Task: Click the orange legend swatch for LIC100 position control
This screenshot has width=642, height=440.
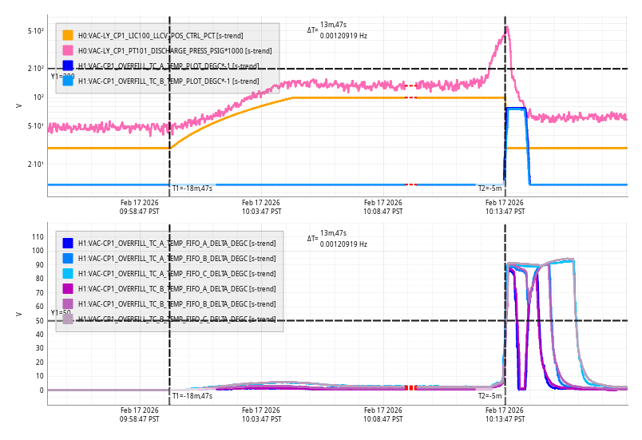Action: pyautogui.click(x=68, y=35)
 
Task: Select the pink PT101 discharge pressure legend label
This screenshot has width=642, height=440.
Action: pyautogui.click(x=174, y=50)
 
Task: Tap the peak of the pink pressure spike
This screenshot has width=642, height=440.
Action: pyautogui.click(x=506, y=28)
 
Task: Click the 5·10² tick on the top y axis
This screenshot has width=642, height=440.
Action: pyautogui.click(x=36, y=31)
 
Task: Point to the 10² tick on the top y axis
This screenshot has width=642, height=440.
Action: pyautogui.click(x=38, y=97)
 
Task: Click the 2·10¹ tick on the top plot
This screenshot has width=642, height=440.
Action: pyautogui.click(x=36, y=165)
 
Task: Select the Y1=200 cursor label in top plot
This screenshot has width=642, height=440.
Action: pyautogui.click(x=62, y=77)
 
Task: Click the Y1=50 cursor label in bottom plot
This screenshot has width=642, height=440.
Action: pyautogui.click(x=61, y=313)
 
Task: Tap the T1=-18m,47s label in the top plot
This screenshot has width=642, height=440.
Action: pyautogui.click(x=192, y=188)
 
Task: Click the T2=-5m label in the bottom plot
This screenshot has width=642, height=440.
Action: pyautogui.click(x=490, y=395)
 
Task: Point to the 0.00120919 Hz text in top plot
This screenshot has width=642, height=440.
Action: pyautogui.click(x=343, y=36)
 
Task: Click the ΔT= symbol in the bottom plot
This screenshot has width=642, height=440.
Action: pyautogui.click(x=312, y=238)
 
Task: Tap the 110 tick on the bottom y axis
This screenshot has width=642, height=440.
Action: pyautogui.click(x=37, y=236)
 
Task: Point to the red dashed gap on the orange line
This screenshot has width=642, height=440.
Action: pyautogui.click(x=410, y=97)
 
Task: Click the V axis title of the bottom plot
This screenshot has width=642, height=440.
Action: pyautogui.click(x=19, y=314)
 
